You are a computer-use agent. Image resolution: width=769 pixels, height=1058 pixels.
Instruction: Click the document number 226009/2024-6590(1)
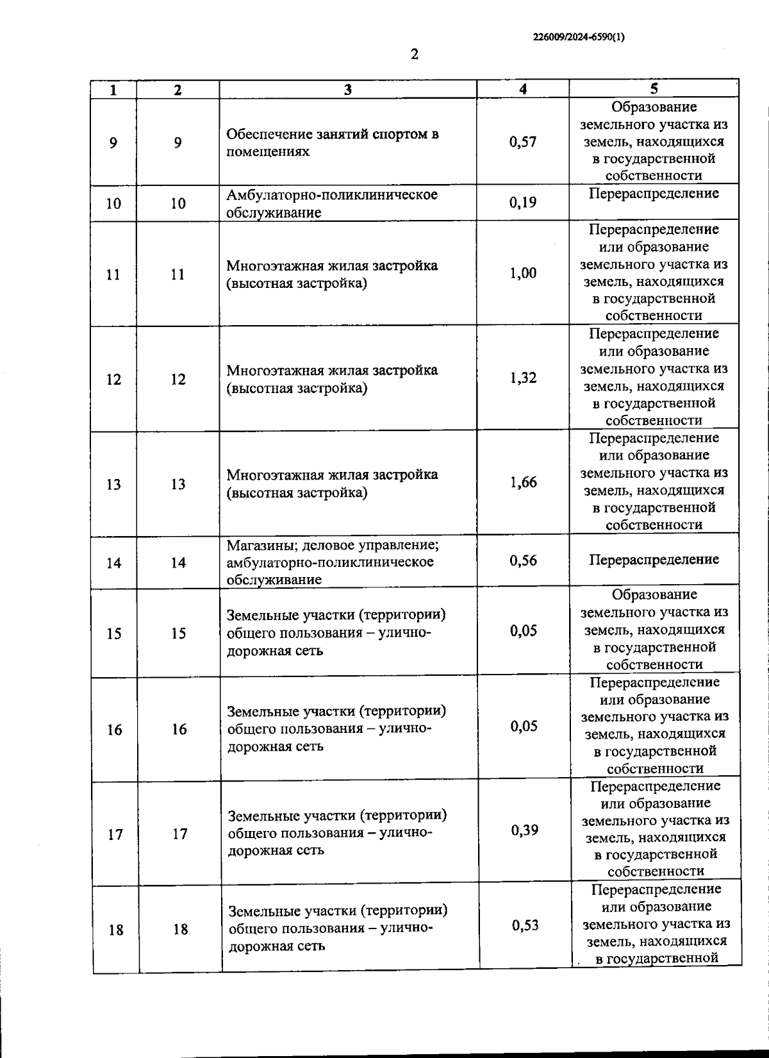coord(579,37)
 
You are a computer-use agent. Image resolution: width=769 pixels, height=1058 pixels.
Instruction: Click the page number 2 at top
coord(414,55)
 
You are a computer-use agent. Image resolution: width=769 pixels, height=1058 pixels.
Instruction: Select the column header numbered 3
coord(348,90)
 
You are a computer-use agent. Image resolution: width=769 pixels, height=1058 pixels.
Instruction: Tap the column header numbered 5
coord(654,88)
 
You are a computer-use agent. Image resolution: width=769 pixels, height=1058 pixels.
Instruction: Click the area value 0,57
coord(523,142)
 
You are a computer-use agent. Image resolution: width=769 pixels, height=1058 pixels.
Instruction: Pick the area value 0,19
coord(523,203)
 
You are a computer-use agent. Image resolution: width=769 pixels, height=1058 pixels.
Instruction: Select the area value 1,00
coord(523,273)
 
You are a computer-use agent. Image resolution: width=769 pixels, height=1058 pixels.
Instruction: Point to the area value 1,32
coord(523,378)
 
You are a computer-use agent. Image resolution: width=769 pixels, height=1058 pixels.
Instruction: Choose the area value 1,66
coord(523,482)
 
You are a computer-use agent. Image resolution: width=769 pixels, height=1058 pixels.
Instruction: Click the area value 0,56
coord(523,560)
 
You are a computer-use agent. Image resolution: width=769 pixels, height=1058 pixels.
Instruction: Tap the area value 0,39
coord(524,830)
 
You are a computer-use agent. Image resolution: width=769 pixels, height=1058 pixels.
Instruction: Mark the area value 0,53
coord(525,925)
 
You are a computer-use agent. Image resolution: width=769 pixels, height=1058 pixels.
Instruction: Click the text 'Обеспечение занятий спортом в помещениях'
coord(333,143)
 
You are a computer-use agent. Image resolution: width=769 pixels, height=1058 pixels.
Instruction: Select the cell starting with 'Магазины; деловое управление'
coord(333,562)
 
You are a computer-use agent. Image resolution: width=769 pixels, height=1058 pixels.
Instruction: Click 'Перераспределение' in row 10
coord(654,194)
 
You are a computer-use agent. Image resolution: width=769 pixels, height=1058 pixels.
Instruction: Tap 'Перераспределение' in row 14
coord(654,560)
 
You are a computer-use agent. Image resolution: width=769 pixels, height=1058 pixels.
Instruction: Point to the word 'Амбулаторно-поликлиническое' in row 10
coord(332,195)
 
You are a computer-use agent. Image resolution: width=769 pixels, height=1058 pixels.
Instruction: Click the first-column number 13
coord(113,484)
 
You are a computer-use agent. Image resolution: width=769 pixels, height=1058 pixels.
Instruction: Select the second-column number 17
coord(180,834)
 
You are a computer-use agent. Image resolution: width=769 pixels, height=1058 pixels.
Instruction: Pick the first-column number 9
coord(113,142)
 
